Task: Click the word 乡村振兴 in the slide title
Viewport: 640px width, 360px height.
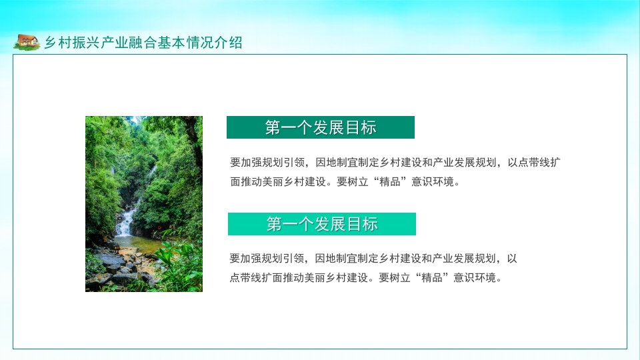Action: tap(72, 43)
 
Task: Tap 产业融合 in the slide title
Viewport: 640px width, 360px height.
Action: tap(129, 43)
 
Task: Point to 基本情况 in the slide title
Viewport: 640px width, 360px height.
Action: tap(185, 43)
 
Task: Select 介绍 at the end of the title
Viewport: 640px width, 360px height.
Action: tap(229, 43)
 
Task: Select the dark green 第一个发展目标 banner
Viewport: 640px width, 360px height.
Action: tap(321, 127)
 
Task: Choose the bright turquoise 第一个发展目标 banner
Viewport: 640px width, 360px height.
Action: tap(321, 224)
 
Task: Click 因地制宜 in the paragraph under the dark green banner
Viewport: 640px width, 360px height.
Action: tap(337, 163)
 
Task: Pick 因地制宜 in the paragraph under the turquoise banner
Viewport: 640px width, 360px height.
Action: tap(336, 259)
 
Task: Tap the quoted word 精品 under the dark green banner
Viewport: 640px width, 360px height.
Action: tap(390, 181)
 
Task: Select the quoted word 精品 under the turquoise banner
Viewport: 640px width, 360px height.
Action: tap(432, 277)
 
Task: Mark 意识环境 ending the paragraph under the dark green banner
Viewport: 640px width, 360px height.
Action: tap(433, 181)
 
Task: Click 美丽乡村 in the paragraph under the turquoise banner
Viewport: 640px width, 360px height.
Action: tap(326, 277)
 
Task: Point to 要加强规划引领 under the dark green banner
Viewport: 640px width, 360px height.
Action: tap(267, 163)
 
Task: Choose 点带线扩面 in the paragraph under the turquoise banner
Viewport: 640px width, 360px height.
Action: tap(256, 277)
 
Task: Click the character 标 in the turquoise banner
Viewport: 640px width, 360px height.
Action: tap(370, 224)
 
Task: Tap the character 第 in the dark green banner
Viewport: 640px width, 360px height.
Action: tap(273, 127)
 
